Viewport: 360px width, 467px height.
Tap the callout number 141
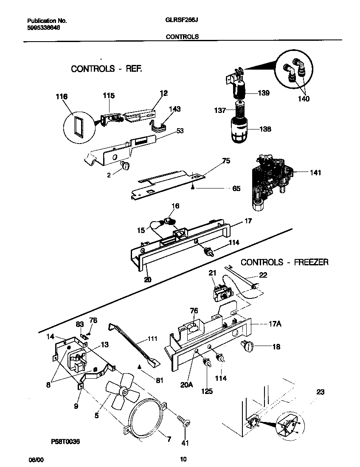(315, 173)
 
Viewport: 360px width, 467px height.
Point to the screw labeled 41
(185, 422)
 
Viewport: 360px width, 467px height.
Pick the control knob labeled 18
(247, 347)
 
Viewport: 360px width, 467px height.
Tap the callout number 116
(62, 97)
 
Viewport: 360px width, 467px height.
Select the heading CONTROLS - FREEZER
(284, 262)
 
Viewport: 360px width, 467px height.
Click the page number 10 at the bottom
(183, 459)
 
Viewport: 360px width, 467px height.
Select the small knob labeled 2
(125, 166)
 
